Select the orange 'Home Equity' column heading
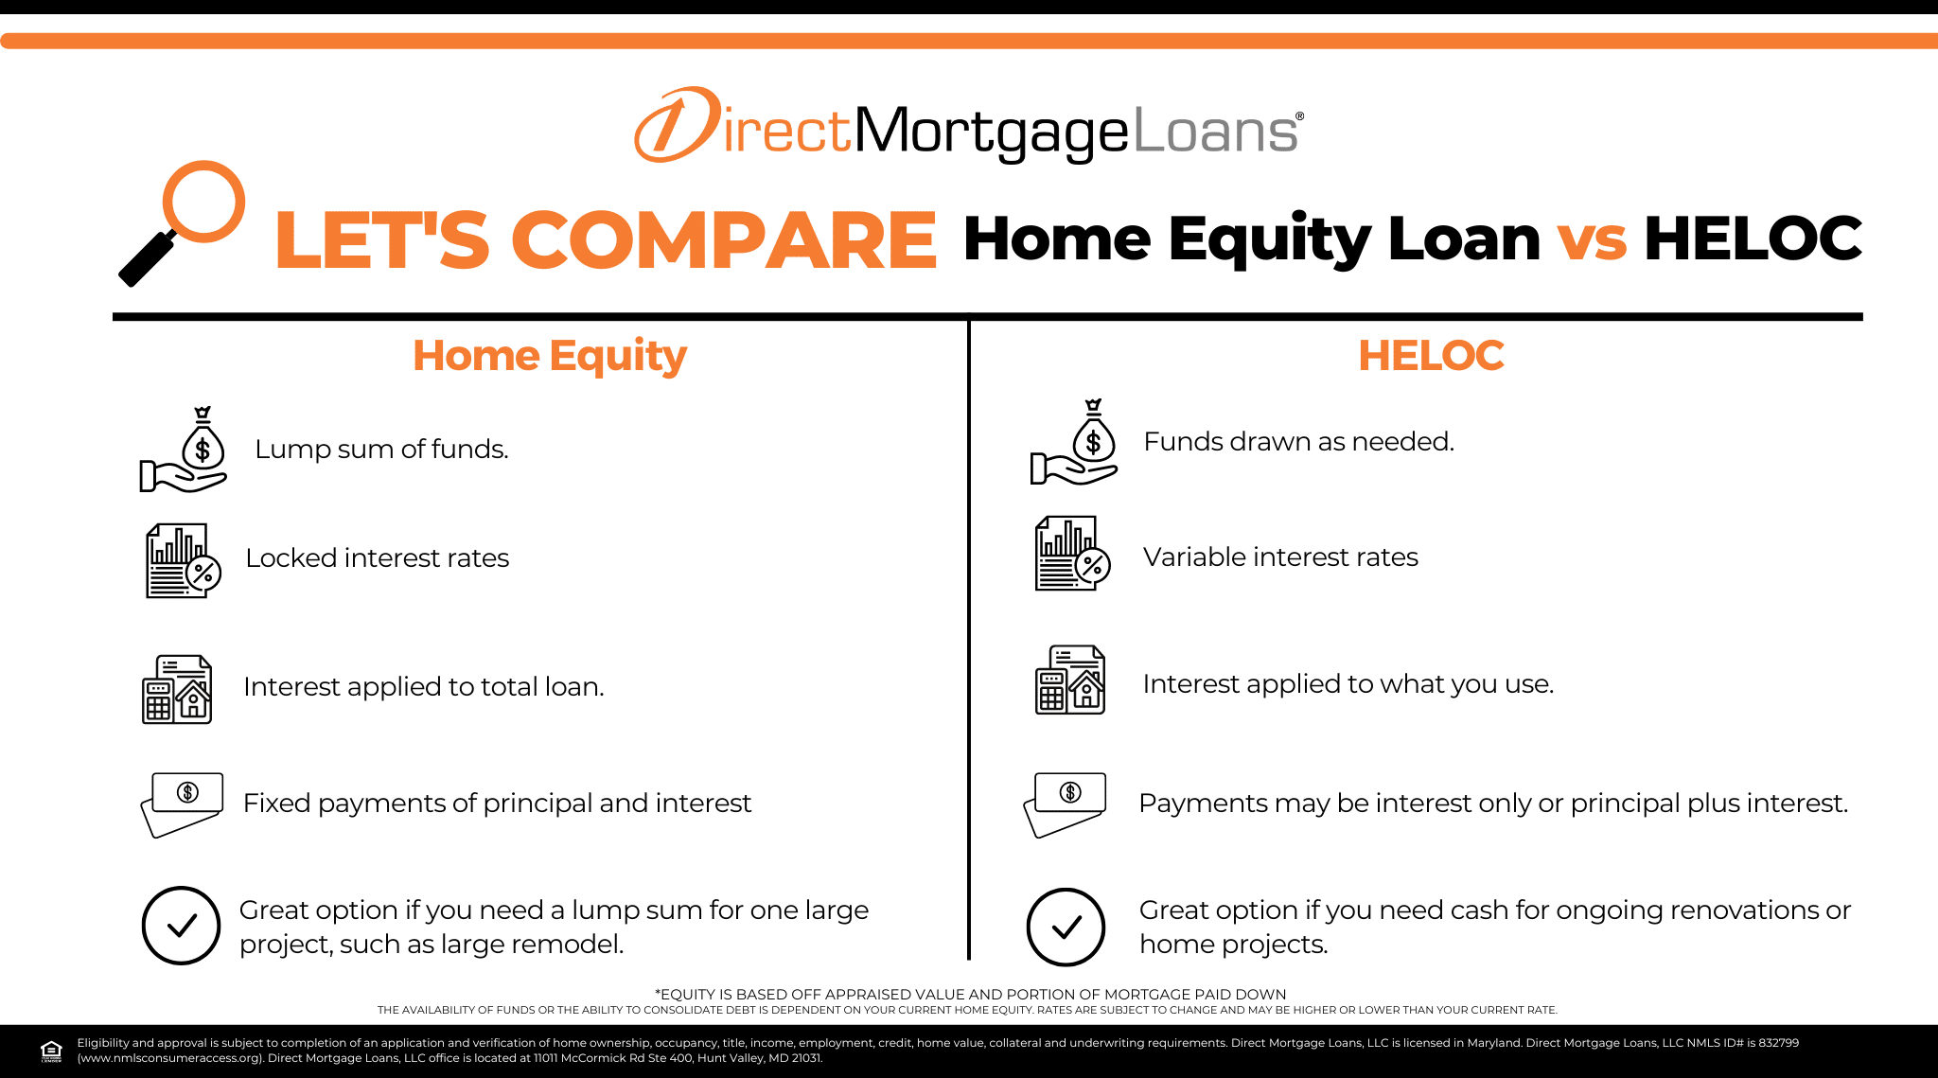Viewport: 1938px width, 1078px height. pos(550,356)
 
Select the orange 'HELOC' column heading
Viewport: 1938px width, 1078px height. pos(1431,356)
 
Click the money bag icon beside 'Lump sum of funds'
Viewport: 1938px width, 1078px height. pos(184,450)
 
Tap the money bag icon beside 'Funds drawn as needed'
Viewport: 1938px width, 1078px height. pos(1074,442)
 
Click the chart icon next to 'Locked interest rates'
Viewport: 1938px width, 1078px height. pos(184,560)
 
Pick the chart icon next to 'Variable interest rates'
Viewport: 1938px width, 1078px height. pos(1073,554)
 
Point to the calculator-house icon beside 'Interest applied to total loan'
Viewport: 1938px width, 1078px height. pos(177,689)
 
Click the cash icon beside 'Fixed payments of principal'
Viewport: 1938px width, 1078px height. pos(182,804)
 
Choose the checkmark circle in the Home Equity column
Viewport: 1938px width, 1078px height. pos(181,926)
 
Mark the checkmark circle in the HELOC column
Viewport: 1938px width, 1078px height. pos(1066,927)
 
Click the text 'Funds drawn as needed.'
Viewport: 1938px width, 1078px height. pos(1299,441)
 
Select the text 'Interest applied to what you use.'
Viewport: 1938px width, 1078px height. pos(1348,684)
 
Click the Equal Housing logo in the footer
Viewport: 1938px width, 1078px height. pos(51,1051)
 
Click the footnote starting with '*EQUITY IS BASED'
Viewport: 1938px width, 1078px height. pos(970,994)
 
